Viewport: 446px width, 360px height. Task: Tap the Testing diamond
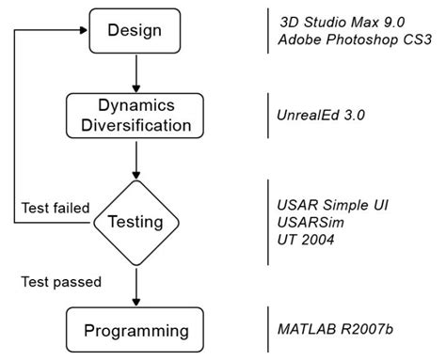pyautogui.click(x=138, y=223)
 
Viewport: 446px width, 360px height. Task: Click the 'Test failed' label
pyautogui.click(x=54, y=207)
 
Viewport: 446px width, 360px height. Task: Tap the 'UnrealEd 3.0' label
pyautogui.click(x=317, y=115)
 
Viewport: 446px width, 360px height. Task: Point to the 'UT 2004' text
pyautogui.click(x=305, y=241)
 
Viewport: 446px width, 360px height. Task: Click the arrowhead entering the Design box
pyautogui.click(x=82, y=30)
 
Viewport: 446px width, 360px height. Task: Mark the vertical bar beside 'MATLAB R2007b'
pyautogui.click(x=266, y=330)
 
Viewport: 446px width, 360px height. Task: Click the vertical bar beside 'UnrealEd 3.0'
pyautogui.click(x=266, y=115)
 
